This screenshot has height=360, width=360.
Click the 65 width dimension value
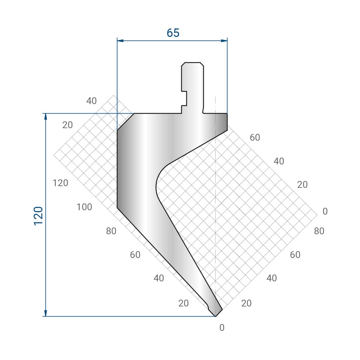[173, 33]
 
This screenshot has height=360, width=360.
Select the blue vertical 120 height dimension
[45, 215]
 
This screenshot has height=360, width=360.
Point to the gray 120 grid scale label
[60, 183]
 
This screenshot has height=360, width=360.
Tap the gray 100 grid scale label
[84, 207]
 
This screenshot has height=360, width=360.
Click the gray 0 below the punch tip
[222, 328]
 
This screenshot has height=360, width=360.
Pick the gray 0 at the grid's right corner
[325, 211]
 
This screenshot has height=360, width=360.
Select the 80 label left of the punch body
[111, 231]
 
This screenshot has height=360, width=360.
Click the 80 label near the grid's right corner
[319, 231]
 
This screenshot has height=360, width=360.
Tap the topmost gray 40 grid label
[92, 101]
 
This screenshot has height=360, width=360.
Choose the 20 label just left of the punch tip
[183, 303]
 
